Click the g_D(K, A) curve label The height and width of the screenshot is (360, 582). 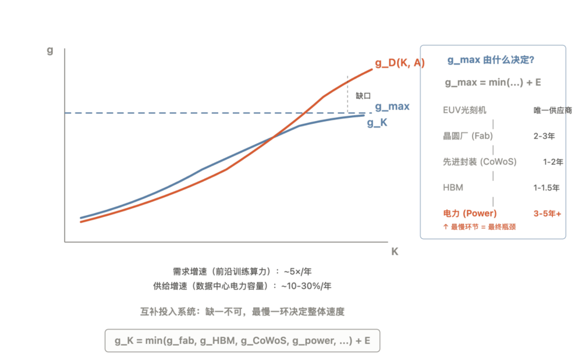400,63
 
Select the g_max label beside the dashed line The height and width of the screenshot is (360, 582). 392,106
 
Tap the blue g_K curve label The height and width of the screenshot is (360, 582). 377,122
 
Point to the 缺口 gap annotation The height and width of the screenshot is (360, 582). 363,95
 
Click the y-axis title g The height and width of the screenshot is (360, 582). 50,50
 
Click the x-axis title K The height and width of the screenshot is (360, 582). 395,252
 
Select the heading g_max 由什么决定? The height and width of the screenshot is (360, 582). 491,60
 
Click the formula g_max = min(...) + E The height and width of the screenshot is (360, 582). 493,83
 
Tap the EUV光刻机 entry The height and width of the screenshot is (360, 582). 464,110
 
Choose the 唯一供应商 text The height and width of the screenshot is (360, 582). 553,111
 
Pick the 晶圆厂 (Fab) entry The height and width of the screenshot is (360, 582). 468,136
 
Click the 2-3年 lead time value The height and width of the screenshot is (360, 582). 544,136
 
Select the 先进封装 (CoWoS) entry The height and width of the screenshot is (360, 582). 480,162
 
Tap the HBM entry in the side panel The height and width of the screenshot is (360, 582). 453,188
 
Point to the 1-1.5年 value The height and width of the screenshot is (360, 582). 546,188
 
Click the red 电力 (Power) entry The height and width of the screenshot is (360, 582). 470,213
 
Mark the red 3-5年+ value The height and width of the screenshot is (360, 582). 548,213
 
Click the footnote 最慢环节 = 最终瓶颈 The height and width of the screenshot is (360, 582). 479,227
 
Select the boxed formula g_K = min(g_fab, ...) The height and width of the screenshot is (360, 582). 242,340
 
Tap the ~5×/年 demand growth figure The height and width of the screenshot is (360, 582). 297,272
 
